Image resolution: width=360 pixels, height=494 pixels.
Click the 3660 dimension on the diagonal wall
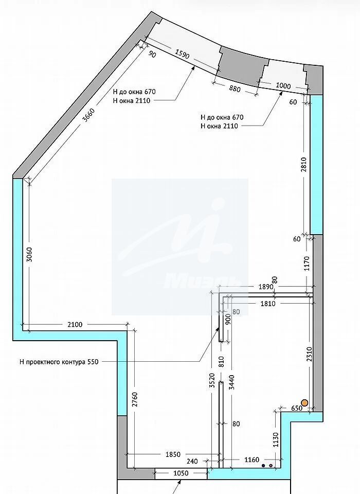(x=88, y=115)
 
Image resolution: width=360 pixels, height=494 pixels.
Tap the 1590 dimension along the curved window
(x=182, y=55)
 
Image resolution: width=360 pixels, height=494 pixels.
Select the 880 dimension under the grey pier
(x=235, y=89)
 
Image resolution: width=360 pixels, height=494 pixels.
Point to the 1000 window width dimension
(x=283, y=85)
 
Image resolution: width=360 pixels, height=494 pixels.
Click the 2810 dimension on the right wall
(x=303, y=165)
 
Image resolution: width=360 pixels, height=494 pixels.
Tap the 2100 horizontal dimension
(x=75, y=324)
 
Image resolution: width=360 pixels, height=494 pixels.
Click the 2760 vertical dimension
(x=135, y=399)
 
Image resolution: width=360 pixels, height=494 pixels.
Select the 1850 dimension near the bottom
(x=173, y=454)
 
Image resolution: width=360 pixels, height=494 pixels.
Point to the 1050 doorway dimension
(x=181, y=473)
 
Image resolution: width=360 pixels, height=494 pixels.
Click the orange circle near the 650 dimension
(x=304, y=402)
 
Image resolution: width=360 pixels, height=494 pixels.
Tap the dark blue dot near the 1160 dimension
(x=263, y=465)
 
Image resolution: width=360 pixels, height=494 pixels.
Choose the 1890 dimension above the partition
(x=266, y=287)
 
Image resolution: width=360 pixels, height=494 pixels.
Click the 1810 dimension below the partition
(x=268, y=304)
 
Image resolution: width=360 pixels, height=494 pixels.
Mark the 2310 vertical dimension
(x=309, y=354)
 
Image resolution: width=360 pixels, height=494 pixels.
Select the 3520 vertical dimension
(x=212, y=381)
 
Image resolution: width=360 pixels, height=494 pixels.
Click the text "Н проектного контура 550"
(x=59, y=362)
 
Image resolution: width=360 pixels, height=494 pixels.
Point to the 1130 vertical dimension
(x=276, y=439)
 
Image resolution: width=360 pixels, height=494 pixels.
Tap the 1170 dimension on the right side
(x=307, y=263)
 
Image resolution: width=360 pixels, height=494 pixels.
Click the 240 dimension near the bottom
(x=192, y=461)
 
